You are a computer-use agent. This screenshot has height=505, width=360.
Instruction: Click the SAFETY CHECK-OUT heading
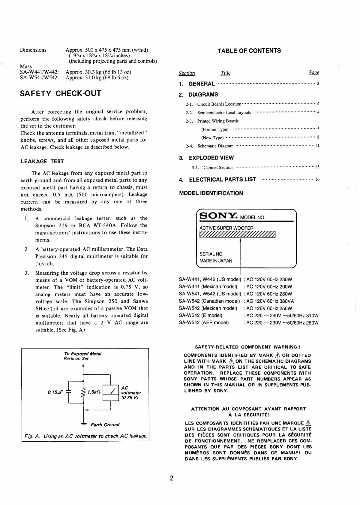pyautogui.click(x=61, y=93)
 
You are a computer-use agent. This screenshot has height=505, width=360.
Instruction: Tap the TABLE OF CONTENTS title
pyautogui.click(x=249, y=51)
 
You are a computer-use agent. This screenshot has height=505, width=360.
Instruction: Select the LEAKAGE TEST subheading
pyautogui.click(x=42, y=162)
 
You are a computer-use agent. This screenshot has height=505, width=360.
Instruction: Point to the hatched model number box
pyautogui.click(x=237, y=234)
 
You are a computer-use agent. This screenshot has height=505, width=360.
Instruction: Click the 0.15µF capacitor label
pyautogui.click(x=54, y=392)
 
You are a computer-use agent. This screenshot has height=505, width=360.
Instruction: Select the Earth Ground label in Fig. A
pyautogui.click(x=105, y=425)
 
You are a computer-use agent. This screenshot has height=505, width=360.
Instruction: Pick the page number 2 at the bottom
pyautogui.click(x=171, y=478)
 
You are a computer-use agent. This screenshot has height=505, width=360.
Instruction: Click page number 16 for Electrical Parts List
pyautogui.click(x=317, y=180)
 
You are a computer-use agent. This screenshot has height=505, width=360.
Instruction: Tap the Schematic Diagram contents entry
pyautogui.click(x=215, y=146)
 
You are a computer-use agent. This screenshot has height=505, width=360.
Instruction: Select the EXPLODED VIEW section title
pyautogui.click(x=211, y=158)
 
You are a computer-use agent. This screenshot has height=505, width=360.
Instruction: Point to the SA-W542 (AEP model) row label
pyautogui.click(x=204, y=323)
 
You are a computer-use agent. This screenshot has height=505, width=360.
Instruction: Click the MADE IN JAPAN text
pyautogui.click(x=216, y=261)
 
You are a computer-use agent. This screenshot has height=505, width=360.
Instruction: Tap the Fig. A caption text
pyautogui.click(x=85, y=436)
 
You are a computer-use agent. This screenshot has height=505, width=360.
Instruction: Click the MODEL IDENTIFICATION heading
pyautogui.click(x=211, y=193)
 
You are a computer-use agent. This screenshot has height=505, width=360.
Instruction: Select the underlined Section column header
pyautogui.click(x=187, y=73)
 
